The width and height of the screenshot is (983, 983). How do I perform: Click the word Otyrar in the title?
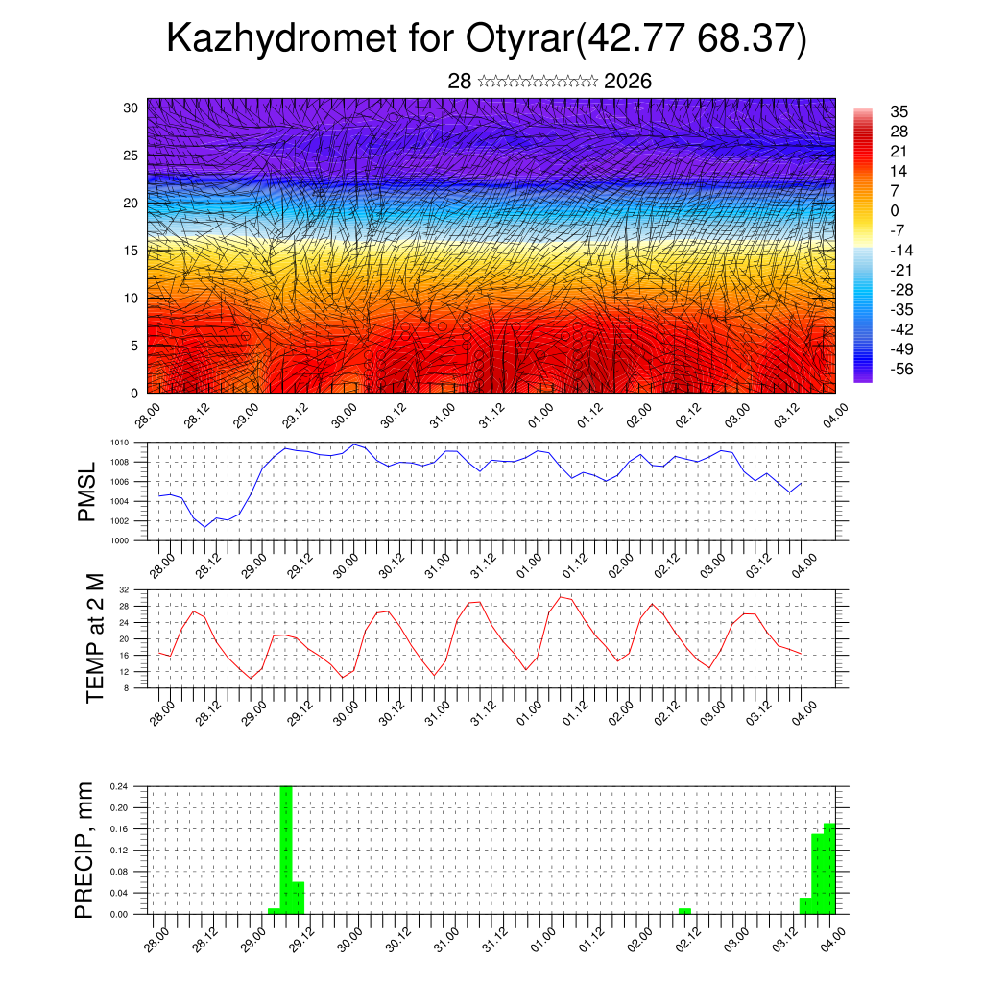point(519,38)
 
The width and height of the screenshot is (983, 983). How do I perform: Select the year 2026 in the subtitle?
point(628,82)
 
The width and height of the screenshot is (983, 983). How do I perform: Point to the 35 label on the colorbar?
point(899,111)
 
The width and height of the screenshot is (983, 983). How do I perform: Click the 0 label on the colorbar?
point(895,210)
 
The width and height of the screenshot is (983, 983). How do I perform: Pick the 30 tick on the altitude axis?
point(130,108)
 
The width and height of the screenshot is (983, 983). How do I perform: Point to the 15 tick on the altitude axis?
point(130,251)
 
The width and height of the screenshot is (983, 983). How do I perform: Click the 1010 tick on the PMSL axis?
point(119,443)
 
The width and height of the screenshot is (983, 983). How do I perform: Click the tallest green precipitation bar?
point(286,850)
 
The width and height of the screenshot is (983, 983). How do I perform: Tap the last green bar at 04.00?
point(829,869)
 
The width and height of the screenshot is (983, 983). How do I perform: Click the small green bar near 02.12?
point(684,910)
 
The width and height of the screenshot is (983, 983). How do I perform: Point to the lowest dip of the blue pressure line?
point(204,527)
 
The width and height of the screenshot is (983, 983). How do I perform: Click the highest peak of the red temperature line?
point(561,597)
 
